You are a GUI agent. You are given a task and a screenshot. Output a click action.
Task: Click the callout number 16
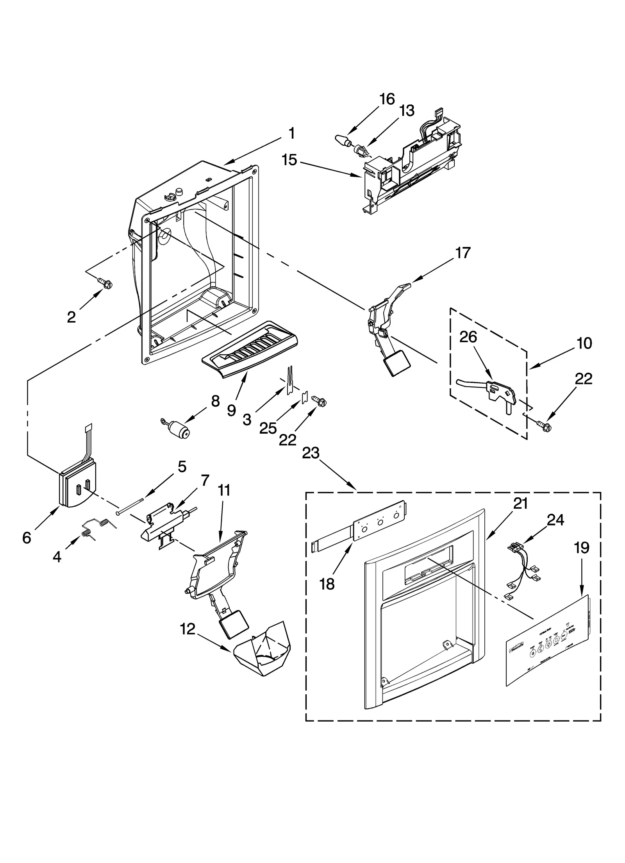(x=387, y=99)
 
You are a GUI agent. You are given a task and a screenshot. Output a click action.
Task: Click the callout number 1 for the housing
(x=291, y=134)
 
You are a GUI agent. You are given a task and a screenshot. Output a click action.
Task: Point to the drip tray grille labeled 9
(x=249, y=348)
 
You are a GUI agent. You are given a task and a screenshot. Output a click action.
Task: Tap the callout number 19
(x=581, y=548)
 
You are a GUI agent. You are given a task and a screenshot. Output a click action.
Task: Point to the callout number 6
(x=27, y=538)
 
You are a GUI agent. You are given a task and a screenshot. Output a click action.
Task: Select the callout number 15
(x=290, y=160)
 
